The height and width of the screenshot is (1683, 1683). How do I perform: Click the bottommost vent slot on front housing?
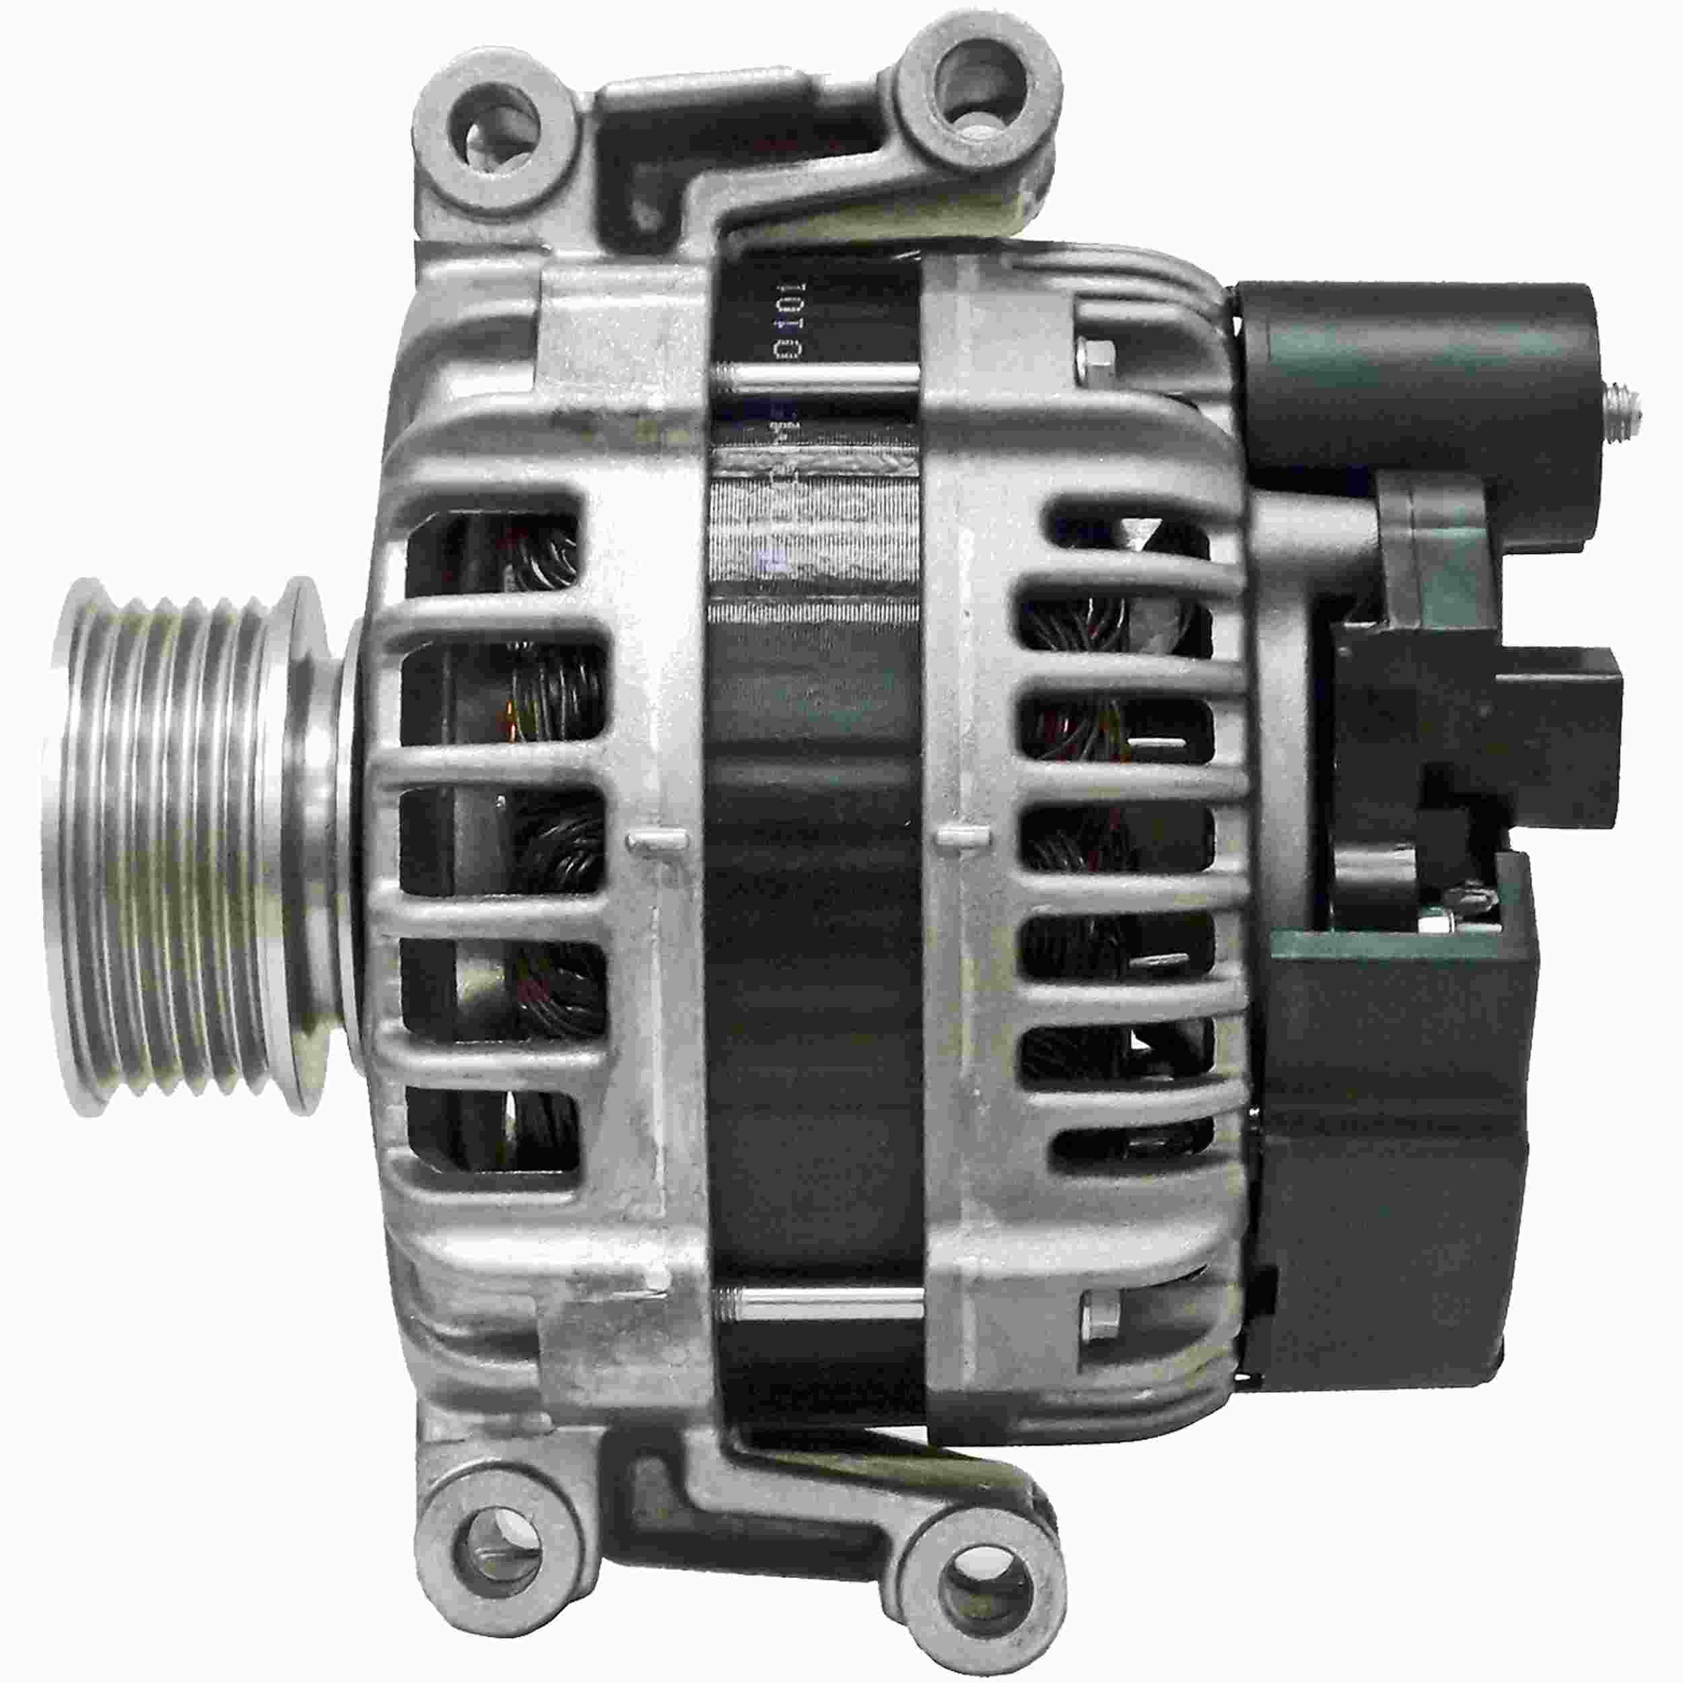tap(492, 1137)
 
